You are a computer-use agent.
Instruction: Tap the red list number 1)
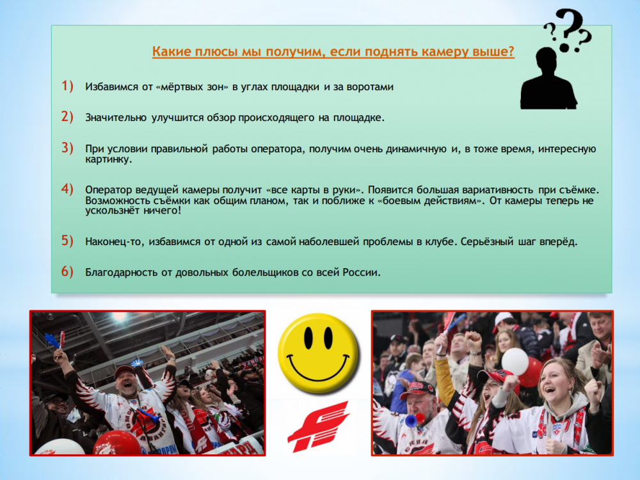point(67,86)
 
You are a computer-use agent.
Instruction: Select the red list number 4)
point(67,189)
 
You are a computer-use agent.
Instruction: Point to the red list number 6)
point(67,271)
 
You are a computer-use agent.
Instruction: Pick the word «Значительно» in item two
point(116,118)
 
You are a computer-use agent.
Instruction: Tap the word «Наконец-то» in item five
point(115,242)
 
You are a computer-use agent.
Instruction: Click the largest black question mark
point(568,29)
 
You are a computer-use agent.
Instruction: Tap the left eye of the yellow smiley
point(308,337)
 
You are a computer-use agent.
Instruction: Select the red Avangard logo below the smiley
point(318,426)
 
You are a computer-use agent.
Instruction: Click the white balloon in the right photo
point(515,361)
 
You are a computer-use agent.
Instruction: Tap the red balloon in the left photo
point(116,442)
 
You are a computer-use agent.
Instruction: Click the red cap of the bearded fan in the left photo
point(125,371)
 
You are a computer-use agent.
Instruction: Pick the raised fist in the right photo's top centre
point(474,342)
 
